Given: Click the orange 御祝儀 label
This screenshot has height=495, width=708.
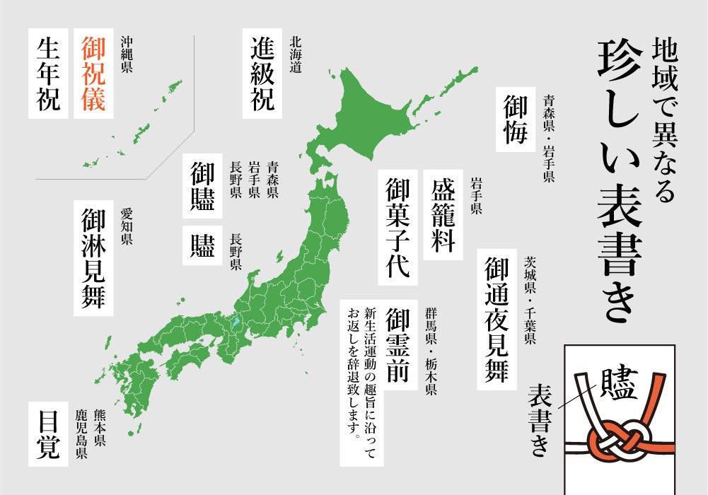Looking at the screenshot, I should point(93,73).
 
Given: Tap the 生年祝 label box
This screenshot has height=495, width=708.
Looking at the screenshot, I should point(49,73).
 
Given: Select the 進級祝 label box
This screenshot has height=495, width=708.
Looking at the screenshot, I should point(262,73).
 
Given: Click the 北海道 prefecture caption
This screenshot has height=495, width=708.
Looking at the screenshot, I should point(296,57).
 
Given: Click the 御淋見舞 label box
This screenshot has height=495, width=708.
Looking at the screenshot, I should point(93,258).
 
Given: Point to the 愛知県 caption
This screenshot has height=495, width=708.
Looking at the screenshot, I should point(127,226).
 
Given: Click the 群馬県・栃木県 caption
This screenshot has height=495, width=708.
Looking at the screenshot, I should point(431,351).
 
